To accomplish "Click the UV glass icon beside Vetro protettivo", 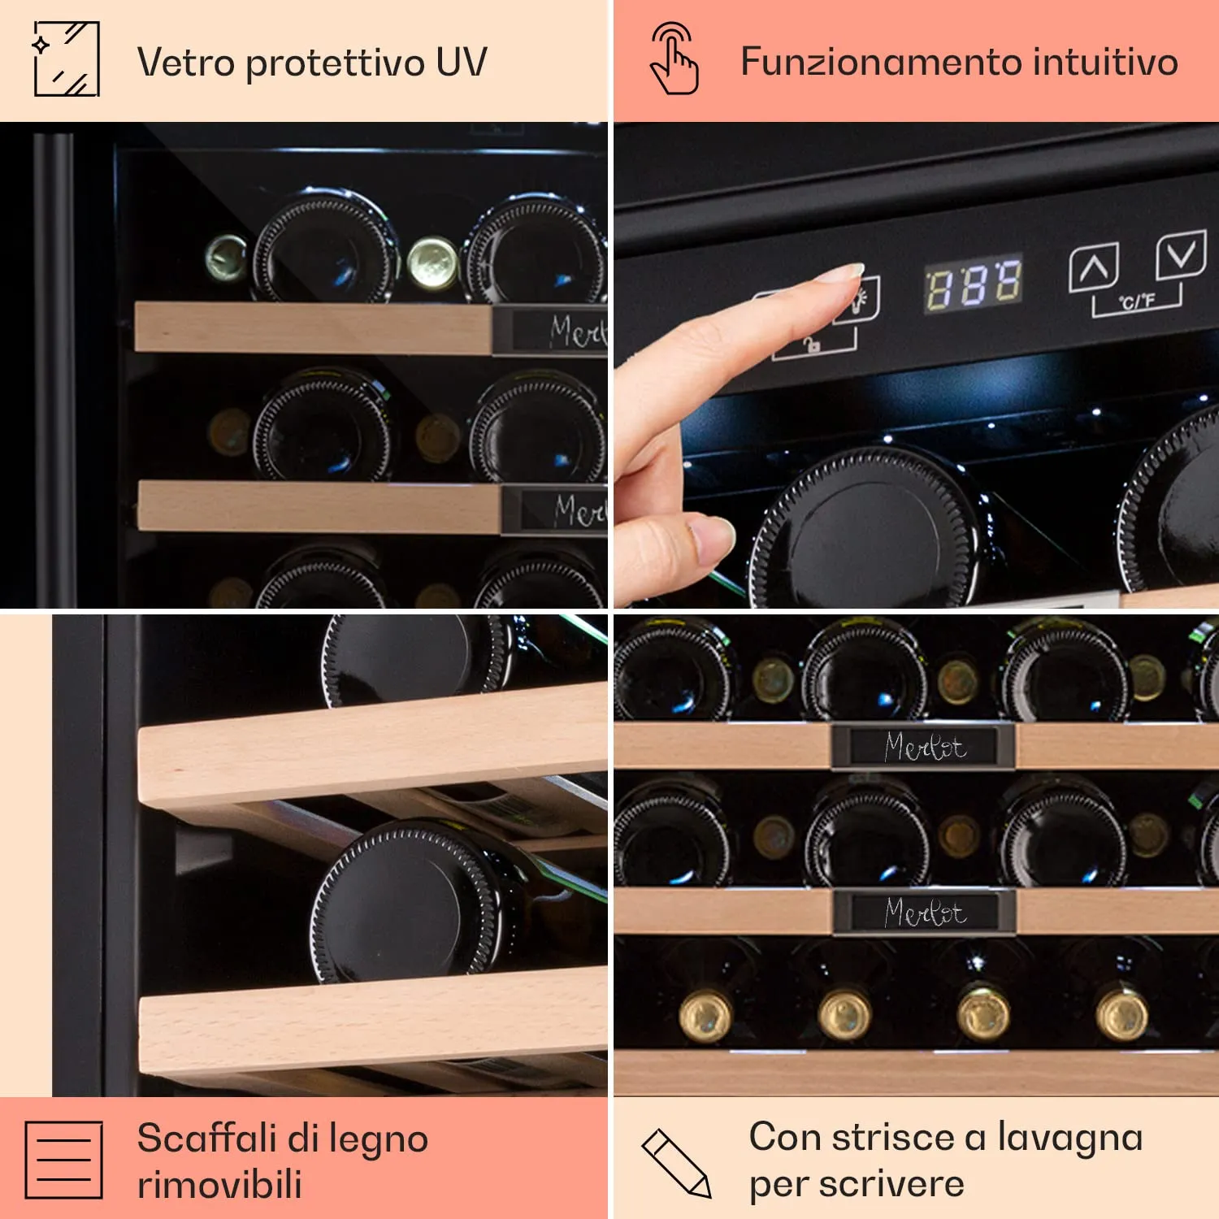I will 66,59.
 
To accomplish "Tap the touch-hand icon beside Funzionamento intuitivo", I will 674,59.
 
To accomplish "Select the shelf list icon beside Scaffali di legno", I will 63,1160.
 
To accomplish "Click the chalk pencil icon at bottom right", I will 676,1163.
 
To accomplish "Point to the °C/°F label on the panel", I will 1137,302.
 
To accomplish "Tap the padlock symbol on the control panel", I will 812,345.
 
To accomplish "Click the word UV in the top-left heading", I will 461,63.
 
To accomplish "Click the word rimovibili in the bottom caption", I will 219,1184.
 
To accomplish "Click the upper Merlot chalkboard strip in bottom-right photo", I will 924,746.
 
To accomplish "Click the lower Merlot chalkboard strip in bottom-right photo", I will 925,912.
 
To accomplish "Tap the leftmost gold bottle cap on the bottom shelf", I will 705,1016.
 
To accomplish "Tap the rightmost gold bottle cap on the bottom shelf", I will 1121,1015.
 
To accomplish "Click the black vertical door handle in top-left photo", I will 54,366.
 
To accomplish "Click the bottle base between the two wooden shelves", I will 406,902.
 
